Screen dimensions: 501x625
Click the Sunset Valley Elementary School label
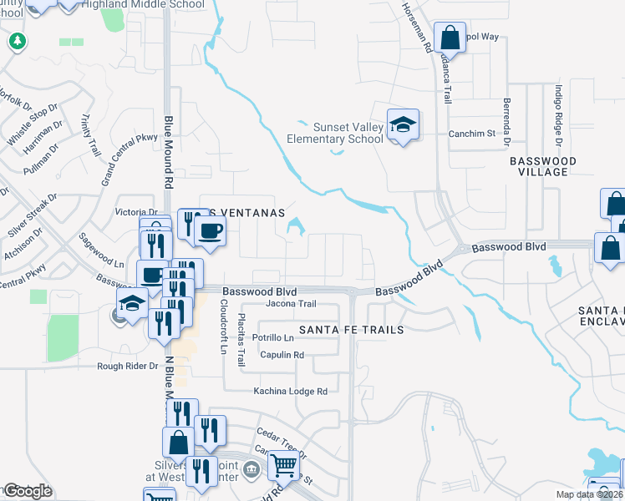(x=337, y=133)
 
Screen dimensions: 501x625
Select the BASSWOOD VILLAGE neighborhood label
(x=543, y=165)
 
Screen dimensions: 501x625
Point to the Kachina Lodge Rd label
(x=291, y=391)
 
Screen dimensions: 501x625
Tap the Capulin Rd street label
(x=281, y=355)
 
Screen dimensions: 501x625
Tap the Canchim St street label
(x=472, y=133)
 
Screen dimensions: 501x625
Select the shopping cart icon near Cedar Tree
(x=284, y=465)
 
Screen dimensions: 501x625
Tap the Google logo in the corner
(x=27, y=491)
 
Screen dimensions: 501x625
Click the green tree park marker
(x=16, y=40)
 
